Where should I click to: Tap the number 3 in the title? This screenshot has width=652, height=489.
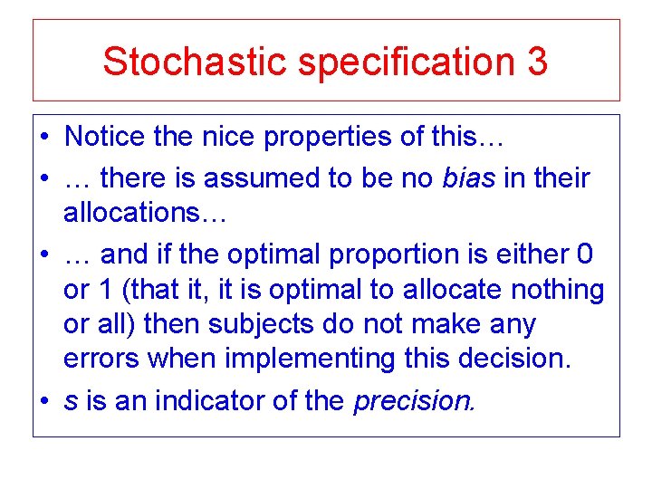[534, 61]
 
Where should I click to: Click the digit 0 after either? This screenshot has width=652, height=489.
[585, 254]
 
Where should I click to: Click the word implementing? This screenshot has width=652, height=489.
[308, 359]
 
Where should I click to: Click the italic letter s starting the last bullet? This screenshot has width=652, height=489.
[71, 400]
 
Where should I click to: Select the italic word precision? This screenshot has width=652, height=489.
[414, 400]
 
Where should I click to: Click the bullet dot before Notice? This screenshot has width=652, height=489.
[44, 138]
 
